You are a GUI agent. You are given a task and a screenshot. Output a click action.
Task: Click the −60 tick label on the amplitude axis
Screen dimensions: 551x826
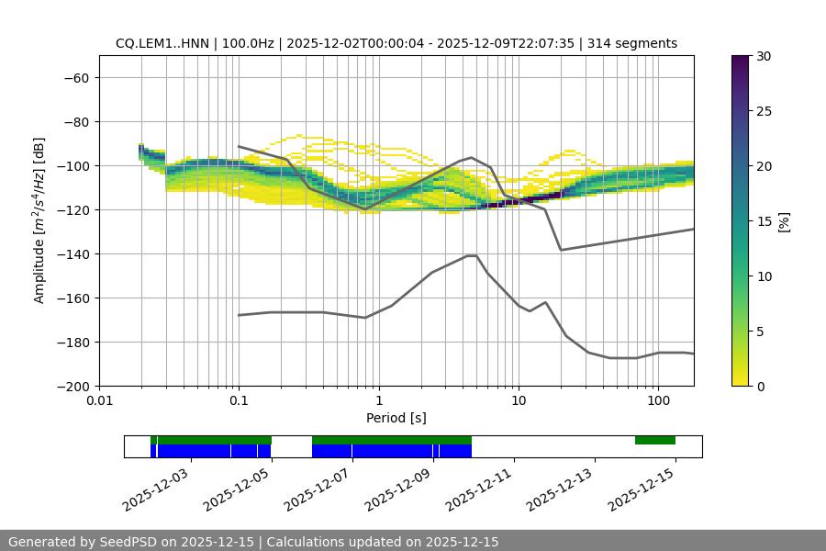75,77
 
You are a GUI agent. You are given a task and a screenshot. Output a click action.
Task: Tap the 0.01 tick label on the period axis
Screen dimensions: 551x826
99,400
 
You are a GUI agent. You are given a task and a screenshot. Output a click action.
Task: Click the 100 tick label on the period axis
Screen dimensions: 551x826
658,400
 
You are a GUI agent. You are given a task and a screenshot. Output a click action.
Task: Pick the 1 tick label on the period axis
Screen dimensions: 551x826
378,400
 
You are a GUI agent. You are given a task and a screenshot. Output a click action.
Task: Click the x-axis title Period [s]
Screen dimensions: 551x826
396,418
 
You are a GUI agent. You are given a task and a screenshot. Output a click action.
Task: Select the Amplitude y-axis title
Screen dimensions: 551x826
39,220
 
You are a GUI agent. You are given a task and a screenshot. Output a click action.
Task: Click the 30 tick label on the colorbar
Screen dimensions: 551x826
764,56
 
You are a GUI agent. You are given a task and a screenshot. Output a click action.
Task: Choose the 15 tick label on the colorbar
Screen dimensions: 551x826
764,220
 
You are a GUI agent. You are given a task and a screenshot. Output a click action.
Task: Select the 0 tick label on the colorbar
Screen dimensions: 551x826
760,386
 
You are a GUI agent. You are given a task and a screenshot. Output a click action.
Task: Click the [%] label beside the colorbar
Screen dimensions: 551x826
784,220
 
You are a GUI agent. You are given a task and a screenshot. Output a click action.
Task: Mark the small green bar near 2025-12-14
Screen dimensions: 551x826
655,441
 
